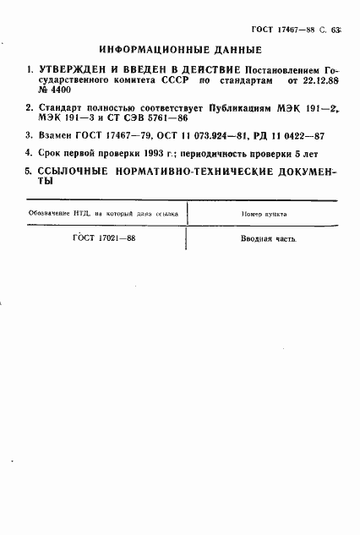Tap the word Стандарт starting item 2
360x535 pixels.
click(62, 108)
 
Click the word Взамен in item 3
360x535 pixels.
click(57, 135)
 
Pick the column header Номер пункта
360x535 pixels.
click(264, 214)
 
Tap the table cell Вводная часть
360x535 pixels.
click(268, 238)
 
